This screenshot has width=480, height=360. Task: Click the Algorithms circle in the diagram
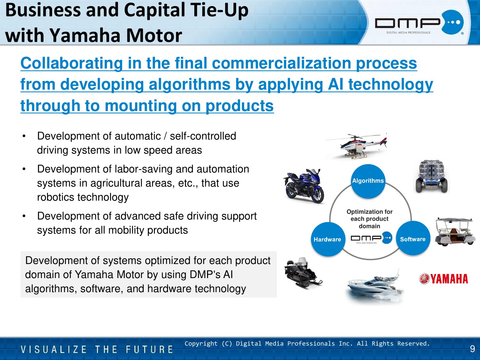pyautogui.click(x=368, y=181)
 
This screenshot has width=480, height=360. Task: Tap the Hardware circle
pyautogui.click(x=328, y=239)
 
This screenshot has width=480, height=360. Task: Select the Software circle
pyautogui.click(x=413, y=238)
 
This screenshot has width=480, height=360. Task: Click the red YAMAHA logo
pyautogui.click(x=444, y=279)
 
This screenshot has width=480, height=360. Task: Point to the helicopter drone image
pyautogui.click(x=357, y=146)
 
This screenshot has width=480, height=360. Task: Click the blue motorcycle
pyautogui.click(x=304, y=186)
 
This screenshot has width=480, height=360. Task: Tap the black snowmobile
pyautogui.click(x=303, y=273)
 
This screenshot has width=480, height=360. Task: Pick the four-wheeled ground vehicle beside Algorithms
pyautogui.click(x=431, y=176)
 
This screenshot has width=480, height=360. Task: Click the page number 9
pyautogui.click(x=472, y=349)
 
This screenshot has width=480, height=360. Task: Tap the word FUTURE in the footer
pyautogui.click(x=149, y=349)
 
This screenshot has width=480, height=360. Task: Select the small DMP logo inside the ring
pyautogui.click(x=371, y=238)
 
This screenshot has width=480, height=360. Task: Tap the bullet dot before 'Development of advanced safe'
pyautogui.click(x=24, y=216)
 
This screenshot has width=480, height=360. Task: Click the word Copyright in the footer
pyautogui.click(x=201, y=344)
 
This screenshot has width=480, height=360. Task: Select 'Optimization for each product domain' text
pyautogui.click(x=370, y=219)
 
